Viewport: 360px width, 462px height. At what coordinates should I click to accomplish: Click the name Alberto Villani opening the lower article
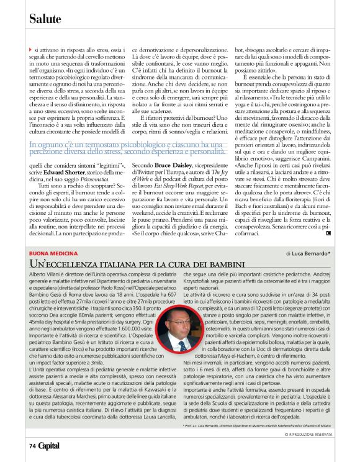pyautogui.click(x=45, y=273)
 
